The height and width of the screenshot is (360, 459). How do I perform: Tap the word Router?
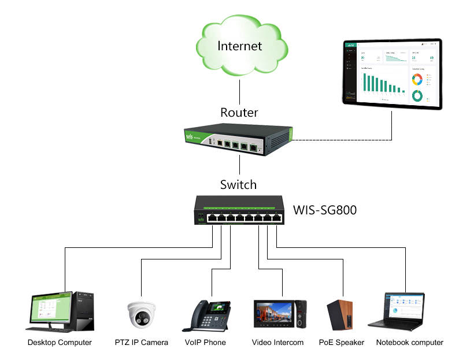click(239, 112)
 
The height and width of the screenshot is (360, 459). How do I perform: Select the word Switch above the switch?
click(238, 185)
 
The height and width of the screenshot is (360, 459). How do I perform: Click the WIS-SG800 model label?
click(325, 210)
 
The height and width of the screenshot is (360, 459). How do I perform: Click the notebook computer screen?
click(404, 305)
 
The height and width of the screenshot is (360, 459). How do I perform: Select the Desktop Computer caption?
click(60, 343)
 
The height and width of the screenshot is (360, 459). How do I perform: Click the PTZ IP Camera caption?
click(142, 343)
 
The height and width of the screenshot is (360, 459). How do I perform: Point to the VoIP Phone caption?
click(205, 343)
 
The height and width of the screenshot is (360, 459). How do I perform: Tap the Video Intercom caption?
click(277, 343)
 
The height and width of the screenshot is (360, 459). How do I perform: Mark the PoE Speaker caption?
click(342, 343)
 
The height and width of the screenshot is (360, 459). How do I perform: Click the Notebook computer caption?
click(409, 343)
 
